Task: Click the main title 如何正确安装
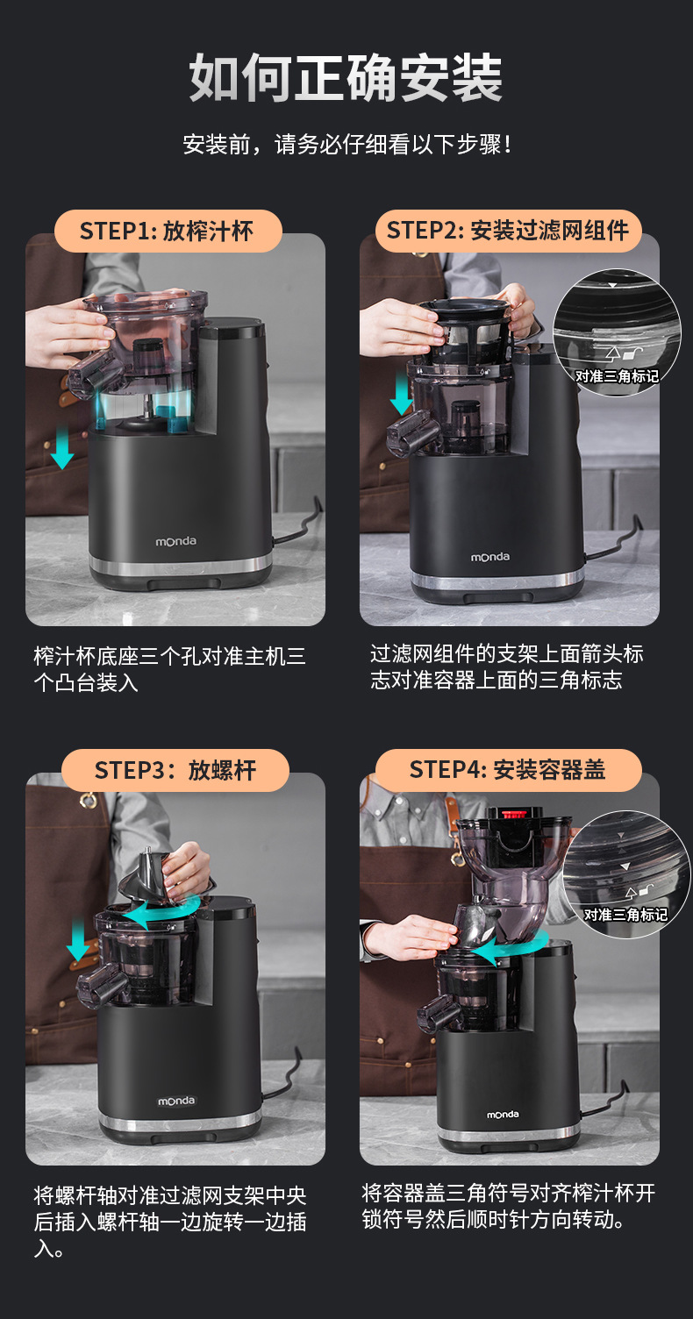tap(346, 77)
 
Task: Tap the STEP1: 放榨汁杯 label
tap(168, 231)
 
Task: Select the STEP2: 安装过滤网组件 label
tap(508, 231)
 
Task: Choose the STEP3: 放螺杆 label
tap(175, 770)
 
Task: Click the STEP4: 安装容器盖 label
tap(508, 770)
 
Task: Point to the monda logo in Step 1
tap(175, 541)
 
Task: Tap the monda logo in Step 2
tap(489, 556)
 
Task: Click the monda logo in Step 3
tap(175, 1101)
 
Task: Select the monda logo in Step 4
tap(503, 1114)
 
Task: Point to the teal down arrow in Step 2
tap(402, 396)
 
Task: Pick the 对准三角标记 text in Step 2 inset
tap(617, 375)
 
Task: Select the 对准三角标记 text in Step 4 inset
tap(625, 915)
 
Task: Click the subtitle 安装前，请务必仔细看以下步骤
tap(347, 144)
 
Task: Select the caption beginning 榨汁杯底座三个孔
tap(169, 669)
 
